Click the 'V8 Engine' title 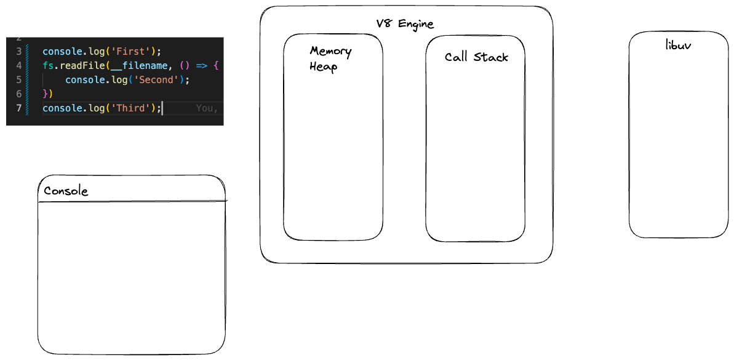405,24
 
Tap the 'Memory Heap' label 330,58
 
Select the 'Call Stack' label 476,57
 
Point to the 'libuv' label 678,45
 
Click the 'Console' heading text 66,191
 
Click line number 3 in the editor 19,51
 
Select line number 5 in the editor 19,79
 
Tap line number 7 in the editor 19,108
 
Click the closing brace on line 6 45,94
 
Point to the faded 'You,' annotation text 206,108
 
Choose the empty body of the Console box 131,277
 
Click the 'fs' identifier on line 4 47,65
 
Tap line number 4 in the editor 19,65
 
